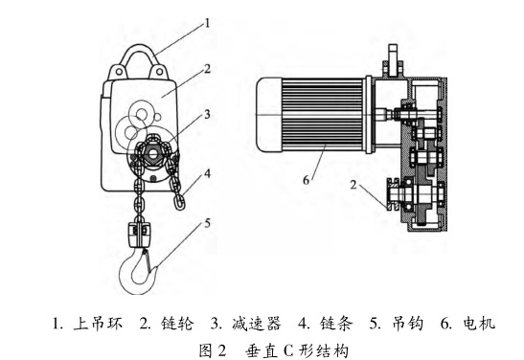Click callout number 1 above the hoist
[x=208, y=23]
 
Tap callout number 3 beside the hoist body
[x=207, y=115]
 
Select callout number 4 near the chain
[x=208, y=173]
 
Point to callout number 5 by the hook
[x=208, y=223]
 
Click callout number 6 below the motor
[x=307, y=180]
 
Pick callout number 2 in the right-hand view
[x=353, y=185]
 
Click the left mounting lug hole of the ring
[x=118, y=71]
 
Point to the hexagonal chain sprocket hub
[x=152, y=154]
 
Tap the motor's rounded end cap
[x=269, y=115]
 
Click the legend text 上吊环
[x=98, y=324]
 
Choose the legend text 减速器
[x=256, y=324]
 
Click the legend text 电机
[x=479, y=324]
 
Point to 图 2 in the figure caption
[x=214, y=350]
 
